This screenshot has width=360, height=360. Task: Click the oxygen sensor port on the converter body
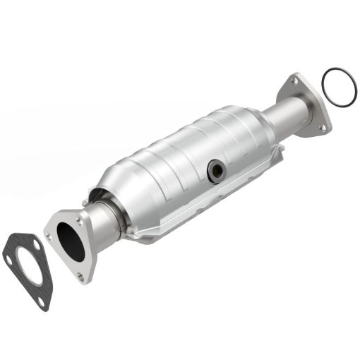point(215,169)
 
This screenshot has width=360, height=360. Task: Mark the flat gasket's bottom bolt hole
point(44,300)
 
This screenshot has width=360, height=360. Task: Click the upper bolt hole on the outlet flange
point(293,83)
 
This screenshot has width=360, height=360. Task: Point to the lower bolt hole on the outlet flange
point(323,127)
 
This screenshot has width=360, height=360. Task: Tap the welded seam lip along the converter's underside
point(212,205)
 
